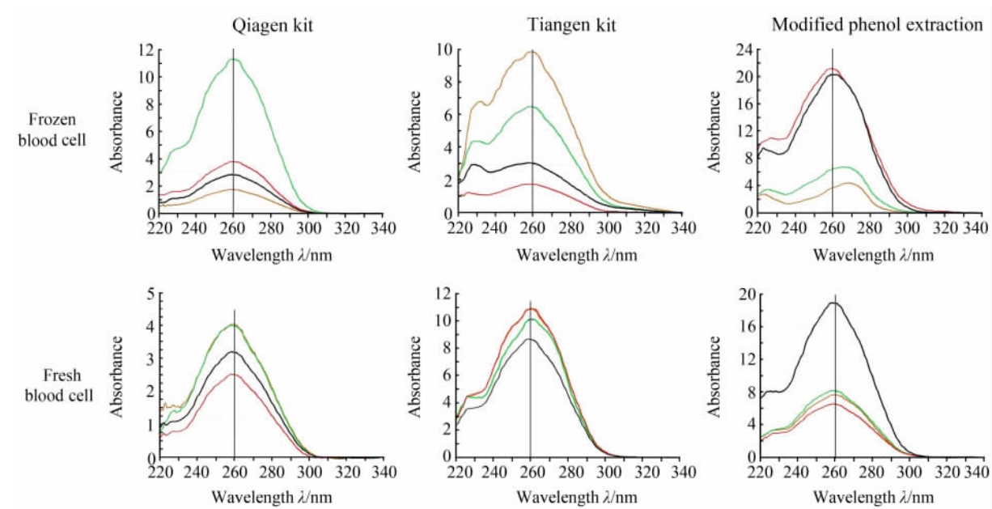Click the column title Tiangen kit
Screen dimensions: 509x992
(x=577, y=25)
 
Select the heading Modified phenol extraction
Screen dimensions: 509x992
(x=877, y=25)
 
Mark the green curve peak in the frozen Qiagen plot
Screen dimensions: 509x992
(x=233, y=59)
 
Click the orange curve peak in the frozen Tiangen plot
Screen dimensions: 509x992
(x=531, y=51)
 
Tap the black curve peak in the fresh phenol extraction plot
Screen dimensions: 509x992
(x=833, y=303)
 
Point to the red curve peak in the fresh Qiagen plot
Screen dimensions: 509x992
(x=234, y=374)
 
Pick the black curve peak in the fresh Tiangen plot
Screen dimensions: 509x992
(x=530, y=339)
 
